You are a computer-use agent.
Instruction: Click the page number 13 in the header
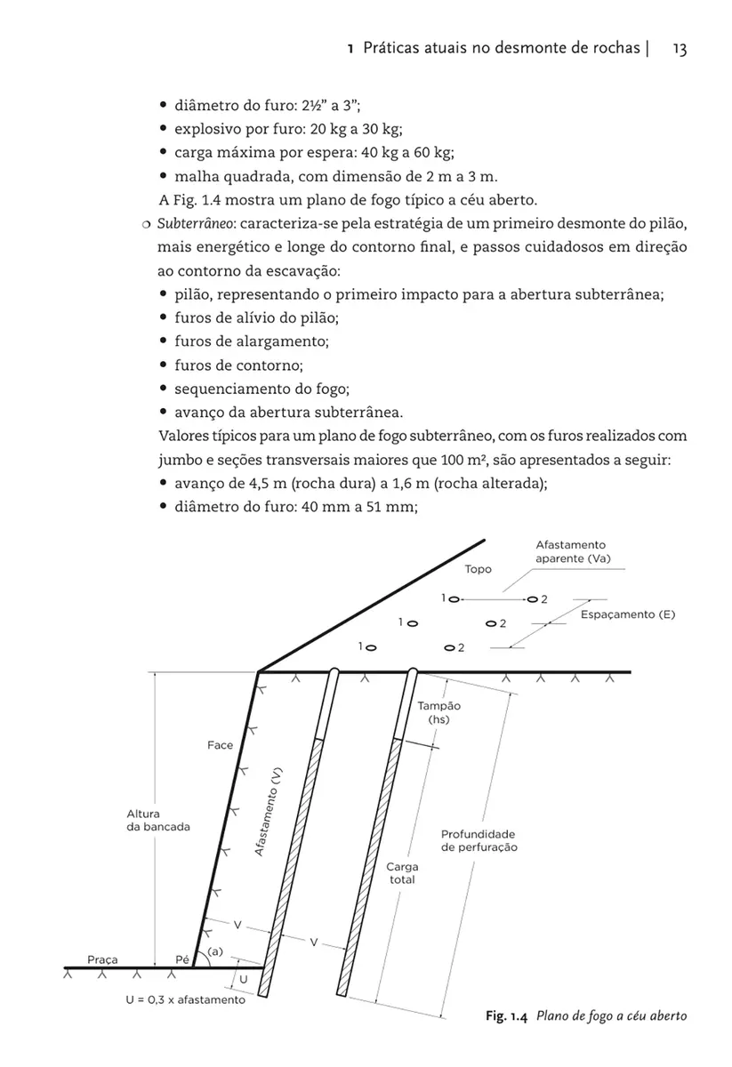click(680, 50)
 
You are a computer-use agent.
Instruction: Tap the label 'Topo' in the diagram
click(478, 569)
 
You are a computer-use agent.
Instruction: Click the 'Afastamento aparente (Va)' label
click(572, 551)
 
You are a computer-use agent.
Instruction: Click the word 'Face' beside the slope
click(221, 745)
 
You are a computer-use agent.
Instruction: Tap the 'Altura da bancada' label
click(158, 820)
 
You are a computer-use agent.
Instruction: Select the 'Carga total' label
click(402, 872)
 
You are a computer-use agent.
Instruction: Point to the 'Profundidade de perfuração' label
click(479, 841)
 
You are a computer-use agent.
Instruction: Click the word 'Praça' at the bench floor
click(103, 959)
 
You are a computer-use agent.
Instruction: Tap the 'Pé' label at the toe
click(182, 959)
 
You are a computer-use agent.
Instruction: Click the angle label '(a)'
click(214, 951)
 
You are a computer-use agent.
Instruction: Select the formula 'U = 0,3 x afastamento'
click(185, 999)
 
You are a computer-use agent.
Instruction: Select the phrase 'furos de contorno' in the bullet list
click(237, 365)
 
